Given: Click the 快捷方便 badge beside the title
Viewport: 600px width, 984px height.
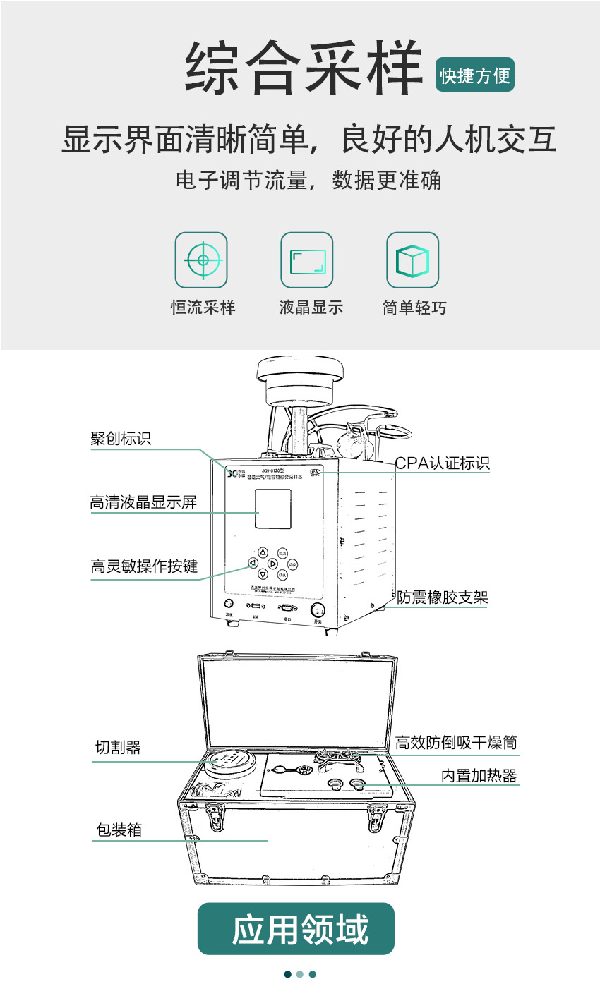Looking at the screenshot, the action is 475,75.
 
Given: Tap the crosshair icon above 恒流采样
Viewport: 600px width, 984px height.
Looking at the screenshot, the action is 201,260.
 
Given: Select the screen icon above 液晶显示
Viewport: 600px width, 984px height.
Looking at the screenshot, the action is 307,260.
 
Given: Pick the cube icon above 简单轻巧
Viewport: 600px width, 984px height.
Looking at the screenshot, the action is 412,260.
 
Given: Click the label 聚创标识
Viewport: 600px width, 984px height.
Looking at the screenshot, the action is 121,438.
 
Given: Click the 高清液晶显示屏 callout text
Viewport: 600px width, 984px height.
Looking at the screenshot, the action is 143,502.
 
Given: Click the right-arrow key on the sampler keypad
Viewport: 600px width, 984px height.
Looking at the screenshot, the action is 273,564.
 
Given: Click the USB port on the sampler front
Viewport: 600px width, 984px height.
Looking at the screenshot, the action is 256,606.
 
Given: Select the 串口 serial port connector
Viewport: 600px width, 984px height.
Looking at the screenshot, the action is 287,607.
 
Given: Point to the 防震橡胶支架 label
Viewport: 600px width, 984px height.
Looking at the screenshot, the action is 442,598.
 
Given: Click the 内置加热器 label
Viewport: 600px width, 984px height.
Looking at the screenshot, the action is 479,776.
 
